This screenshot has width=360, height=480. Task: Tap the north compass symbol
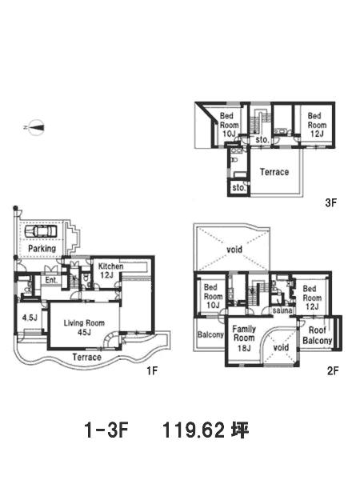[x=37, y=127]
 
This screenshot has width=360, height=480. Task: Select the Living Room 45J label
[x=84, y=327]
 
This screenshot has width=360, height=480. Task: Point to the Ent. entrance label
[x=51, y=280]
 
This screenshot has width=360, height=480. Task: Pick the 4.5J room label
[x=30, y=318]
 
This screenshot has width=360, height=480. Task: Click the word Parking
[x=42, y=248]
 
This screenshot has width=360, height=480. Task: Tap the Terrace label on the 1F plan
[x=87, y=358]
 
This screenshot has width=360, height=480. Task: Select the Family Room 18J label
[x=244, y=338]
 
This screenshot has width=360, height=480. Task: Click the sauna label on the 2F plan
[x=282, y=311]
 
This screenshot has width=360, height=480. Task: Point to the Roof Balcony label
[x=318, y=335]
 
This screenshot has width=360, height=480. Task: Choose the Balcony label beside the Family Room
[x=210, y=334]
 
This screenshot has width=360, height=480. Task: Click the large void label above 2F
[x=234, y=250]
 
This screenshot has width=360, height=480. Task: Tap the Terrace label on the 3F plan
[x=274, y=172]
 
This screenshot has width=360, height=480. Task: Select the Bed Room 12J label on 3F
[x=317, y=125]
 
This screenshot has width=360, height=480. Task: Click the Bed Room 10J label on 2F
[x=213, y=296]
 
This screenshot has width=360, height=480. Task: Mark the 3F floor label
[x=331, y=202]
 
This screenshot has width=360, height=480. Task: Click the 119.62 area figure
[x=194, y=430]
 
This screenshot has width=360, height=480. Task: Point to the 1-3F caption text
[x=106, y=430]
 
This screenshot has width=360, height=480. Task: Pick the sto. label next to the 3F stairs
[x=262, y=140]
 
